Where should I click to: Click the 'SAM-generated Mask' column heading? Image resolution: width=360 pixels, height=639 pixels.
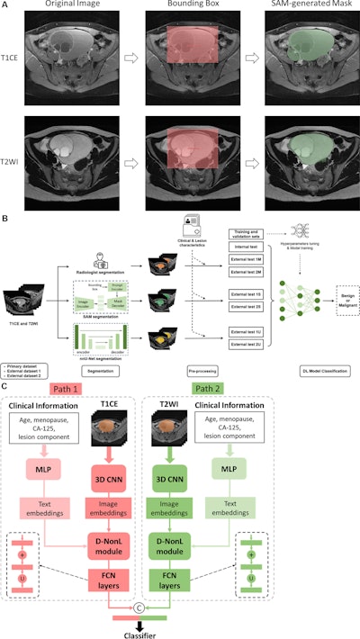(304, 7)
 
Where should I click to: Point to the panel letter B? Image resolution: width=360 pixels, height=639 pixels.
(5, 217)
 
